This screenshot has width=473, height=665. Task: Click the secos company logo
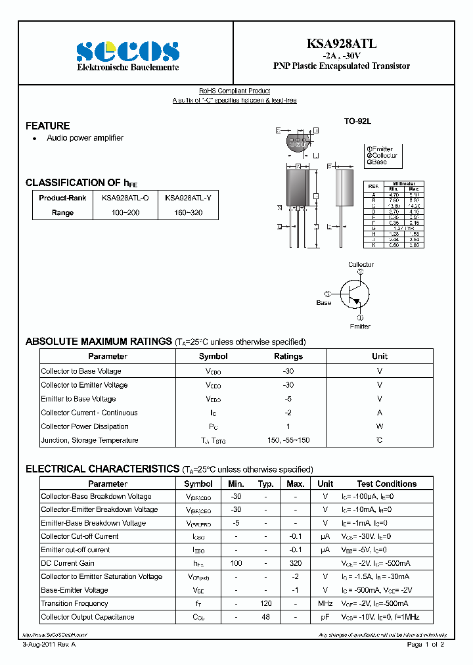point(127,51)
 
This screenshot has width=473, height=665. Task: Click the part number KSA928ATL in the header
point(341,44)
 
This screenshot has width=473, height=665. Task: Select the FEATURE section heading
point(47,126)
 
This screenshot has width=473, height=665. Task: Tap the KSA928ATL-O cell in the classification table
point(125,198)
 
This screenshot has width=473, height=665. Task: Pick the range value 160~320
point(183,213)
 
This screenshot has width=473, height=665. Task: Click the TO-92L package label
point(358,122)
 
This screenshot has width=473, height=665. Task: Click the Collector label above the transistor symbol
point(361,265)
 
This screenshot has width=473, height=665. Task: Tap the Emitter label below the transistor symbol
point(360,326)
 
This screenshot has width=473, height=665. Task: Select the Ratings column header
point(288,356)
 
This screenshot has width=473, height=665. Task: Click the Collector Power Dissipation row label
point(85,426)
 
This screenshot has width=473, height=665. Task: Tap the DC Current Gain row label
point(68,563)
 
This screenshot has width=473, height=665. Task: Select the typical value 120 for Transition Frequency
point(265,603)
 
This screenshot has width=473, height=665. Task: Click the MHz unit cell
point(325,603)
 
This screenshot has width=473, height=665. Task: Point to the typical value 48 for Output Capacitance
point(265,617)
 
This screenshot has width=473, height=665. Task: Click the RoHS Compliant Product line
point(235,91)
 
